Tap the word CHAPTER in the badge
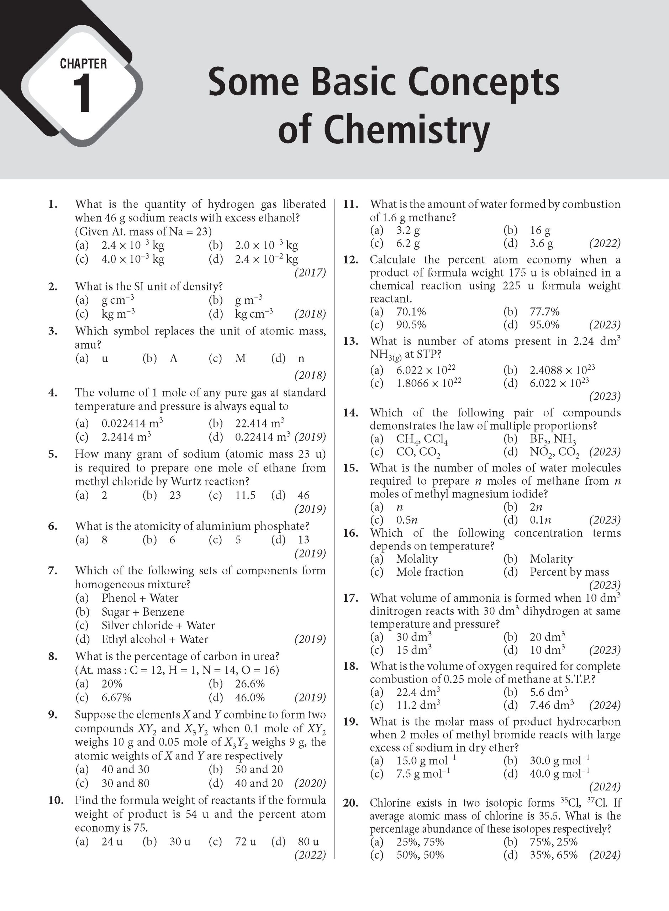pyautogui.click(x=83, y=64)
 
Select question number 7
pyautogui.click(x=52, y=571)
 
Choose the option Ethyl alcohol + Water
pyautogui.click(x=155, y=639)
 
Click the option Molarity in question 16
pyautogui.click(x=551, y=559)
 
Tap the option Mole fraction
pyautogui.click(x=429, y=572)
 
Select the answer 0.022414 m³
pyautogui.click(x=132, y=423)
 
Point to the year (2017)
pyautogui.click(x=310, y=273)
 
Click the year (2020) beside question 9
pyautogui.click(x=310, y=784)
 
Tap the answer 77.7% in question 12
pyautogui.click(x=544, y=312)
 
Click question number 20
pyautogui.click(x=350, y=803)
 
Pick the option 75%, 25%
pyautogui.click(x=553, y=842)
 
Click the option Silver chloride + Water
pyautogui.click(x=158, y=626)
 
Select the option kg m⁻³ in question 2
pyautogui.click(x=118, y=314)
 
